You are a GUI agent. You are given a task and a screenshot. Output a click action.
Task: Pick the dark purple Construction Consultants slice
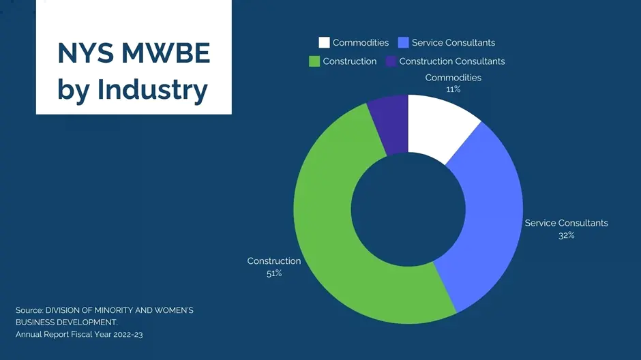pyautogui.click(x=391, y=123)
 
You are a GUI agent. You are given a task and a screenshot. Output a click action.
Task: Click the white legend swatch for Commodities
pyautogui.click(x=324, y=43)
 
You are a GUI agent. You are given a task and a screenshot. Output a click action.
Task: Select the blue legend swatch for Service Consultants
pyautogui.click(x=403, y=43)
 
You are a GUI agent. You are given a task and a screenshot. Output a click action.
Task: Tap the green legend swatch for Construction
pyautogui.click(x=314, y=61)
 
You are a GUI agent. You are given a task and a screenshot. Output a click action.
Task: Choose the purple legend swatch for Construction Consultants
pyautogui.click(x=391, y=61)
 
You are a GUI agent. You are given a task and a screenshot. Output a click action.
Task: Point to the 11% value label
pyautogui.click(x=453, y=89)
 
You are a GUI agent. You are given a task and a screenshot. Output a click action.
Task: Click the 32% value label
pyautogui.click(x=566, y=235)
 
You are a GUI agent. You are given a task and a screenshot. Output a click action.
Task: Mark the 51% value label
pyautogui.click(x=274, y=273)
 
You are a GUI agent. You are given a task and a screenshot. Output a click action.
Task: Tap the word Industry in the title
pyautogui.click(x=152, y=90)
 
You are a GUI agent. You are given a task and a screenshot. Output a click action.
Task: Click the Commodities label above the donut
pyautogui.click(x=453, y=78)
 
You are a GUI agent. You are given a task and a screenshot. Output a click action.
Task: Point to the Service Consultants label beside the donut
pyautogui.click(x=566, y=223)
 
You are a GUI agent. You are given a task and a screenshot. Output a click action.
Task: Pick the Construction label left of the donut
pyautogui.click(x=274, y=261)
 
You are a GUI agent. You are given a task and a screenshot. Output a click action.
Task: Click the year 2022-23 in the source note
pyautogui.click(x=124, y=335)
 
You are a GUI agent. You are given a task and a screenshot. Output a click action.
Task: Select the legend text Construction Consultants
pyautogui.click(x=452, y=61)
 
